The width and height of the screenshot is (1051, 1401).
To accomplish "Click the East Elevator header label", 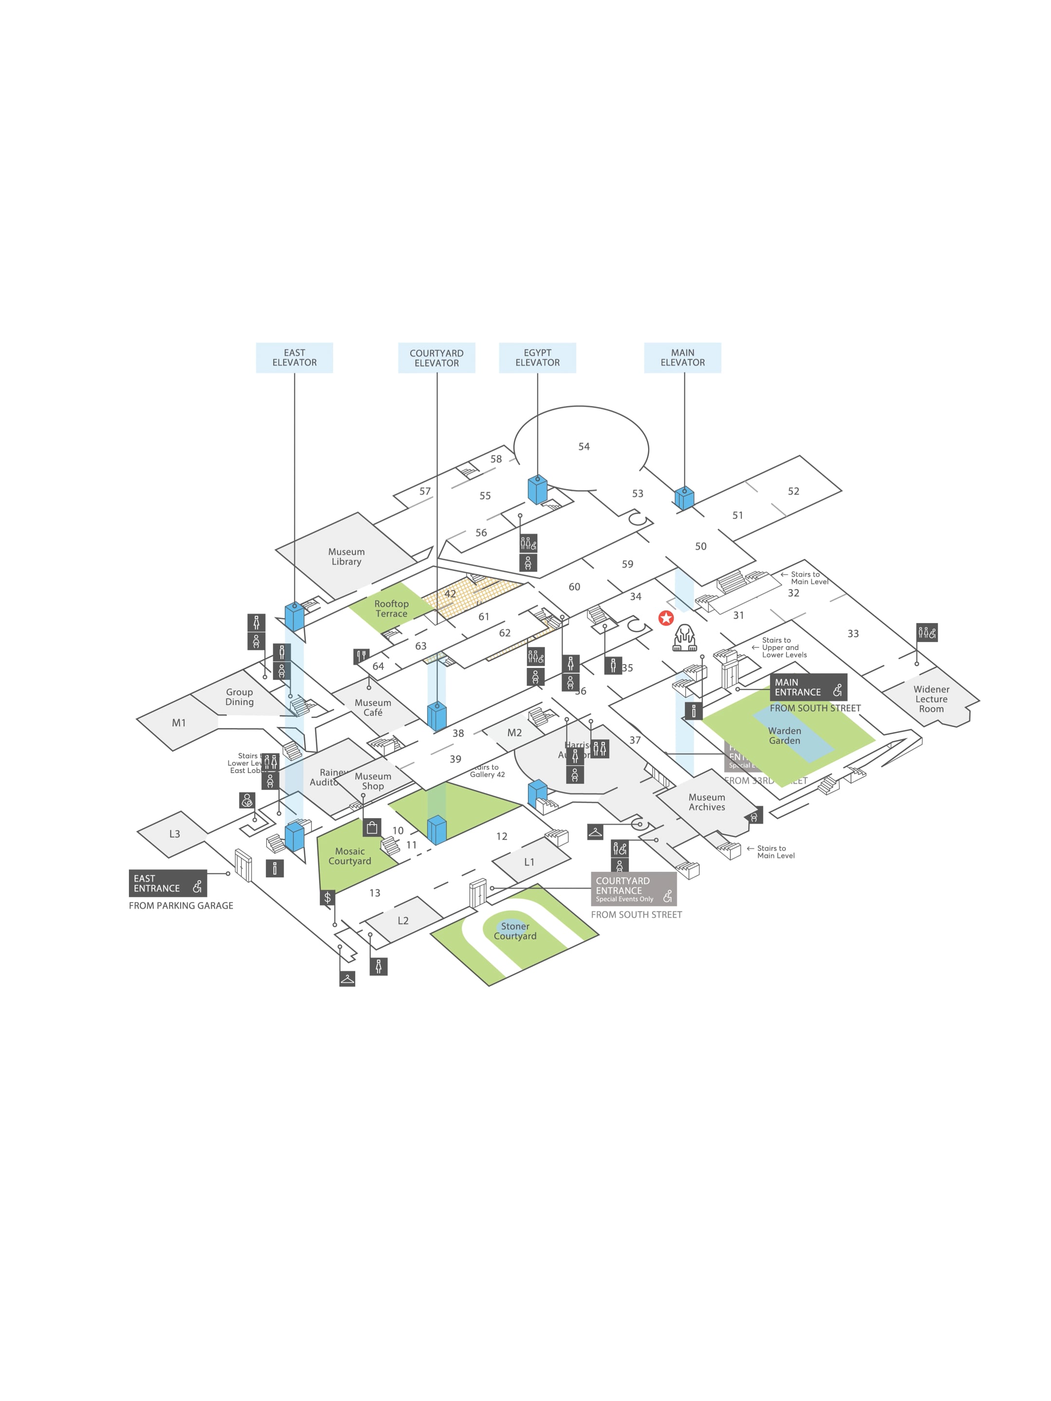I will (294, 358).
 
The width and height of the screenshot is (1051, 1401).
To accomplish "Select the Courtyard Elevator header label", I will (436, 358).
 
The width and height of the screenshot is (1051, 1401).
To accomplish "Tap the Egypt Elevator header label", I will (537, 358).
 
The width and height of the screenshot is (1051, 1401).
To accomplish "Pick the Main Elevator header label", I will (682, 358).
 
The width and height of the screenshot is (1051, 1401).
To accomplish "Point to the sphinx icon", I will (684, 638).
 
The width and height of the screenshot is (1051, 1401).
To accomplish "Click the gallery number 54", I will (583, 447).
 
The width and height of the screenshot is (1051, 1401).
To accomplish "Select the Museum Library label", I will (346, 557).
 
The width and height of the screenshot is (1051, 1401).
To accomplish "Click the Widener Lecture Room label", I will (931, 699).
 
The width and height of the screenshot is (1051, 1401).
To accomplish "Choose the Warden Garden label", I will (784, 736).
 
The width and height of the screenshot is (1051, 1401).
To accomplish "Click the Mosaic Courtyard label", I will (350, 856).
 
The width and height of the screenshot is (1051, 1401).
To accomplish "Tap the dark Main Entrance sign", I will (808, 687).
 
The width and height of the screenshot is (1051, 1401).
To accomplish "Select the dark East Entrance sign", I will (167, 883).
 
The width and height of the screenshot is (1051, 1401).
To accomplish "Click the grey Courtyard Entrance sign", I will (634, 889).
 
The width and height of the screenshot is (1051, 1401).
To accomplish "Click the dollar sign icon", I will (327, 898).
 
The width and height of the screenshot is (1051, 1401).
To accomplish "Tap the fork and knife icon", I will (361, 656).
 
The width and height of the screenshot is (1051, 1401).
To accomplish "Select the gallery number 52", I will (793, 491).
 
